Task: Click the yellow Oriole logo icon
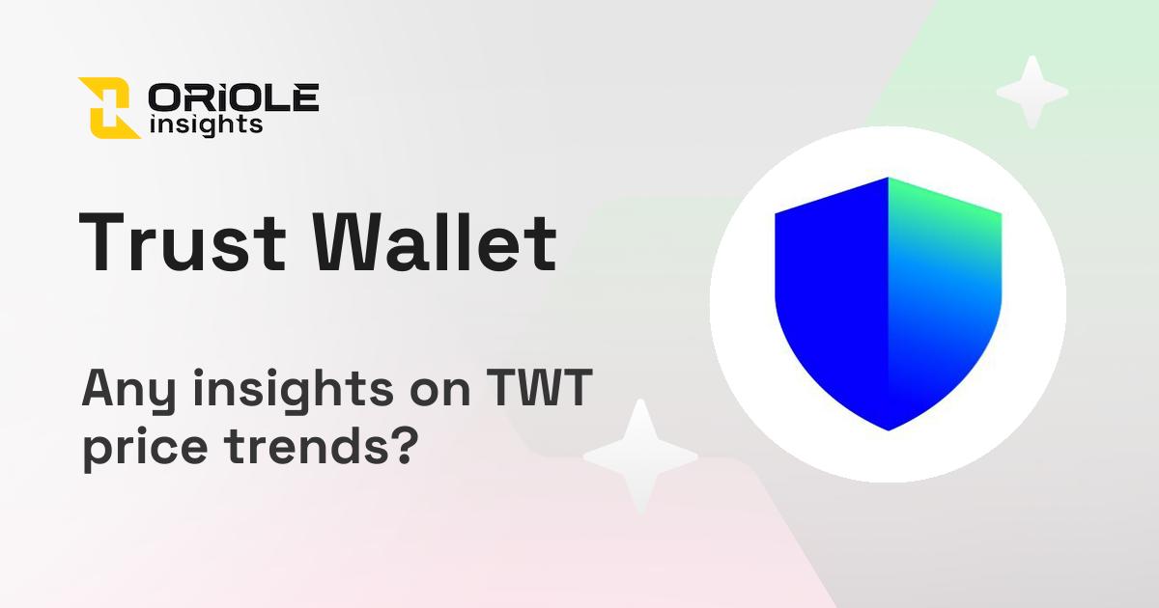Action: [x=109, y=107]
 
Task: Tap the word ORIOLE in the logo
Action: [x=234, y=97]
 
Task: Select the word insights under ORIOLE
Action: [x=207, y=124]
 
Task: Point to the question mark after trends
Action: [x=404, y=447]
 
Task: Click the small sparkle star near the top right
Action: [x=1032, y=93]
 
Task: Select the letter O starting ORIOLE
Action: [x=164, y=97]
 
